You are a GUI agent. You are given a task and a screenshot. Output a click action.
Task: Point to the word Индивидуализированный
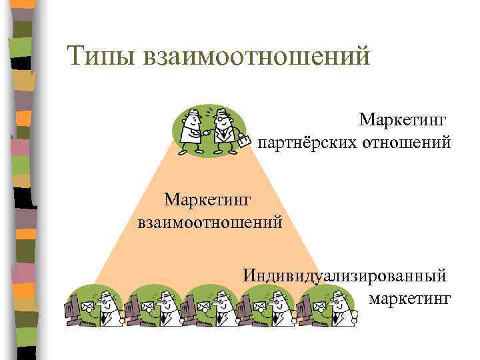tap(345, 275)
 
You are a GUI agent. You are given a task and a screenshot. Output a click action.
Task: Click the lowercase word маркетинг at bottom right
tap(409, 295)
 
